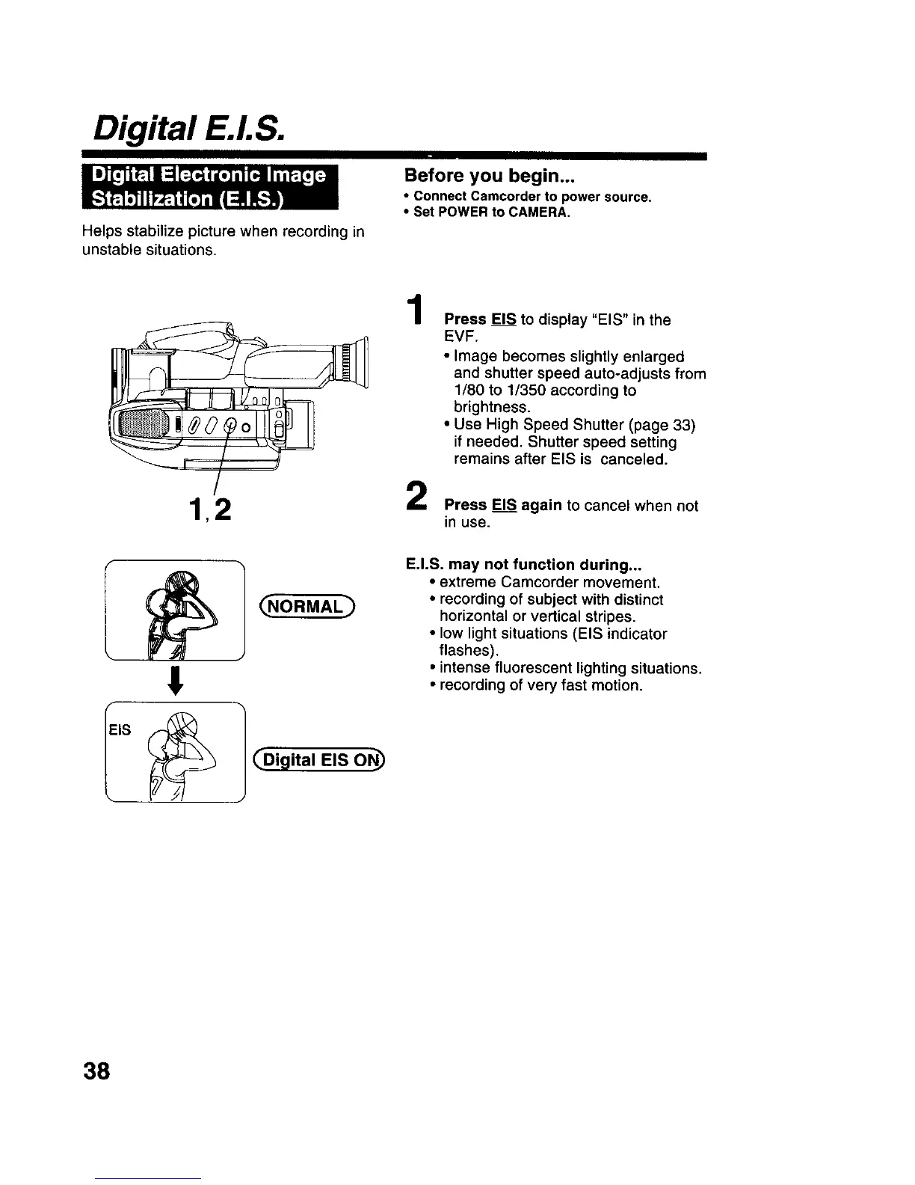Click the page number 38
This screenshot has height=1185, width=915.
[x=96, y=1072]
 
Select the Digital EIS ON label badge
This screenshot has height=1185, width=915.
[x=318, y=762]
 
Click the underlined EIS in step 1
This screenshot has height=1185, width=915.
[x=504, y=319]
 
